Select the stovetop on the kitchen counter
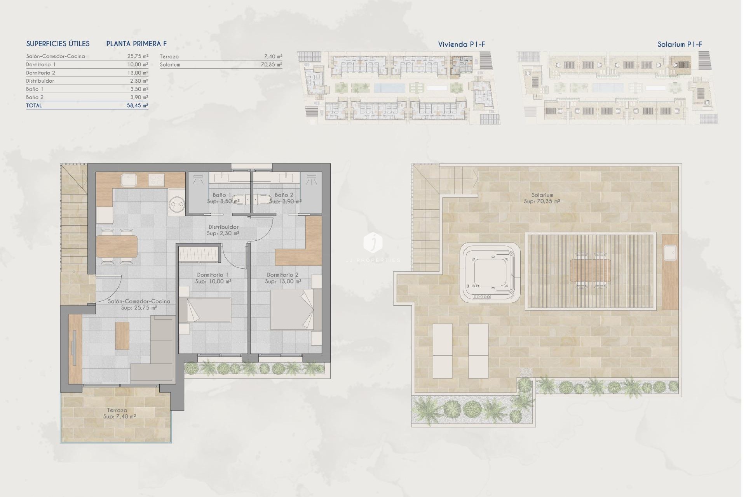click(x=157, y=180)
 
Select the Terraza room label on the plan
click(x=117, y=410)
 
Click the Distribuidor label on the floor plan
click(x=223, y=227)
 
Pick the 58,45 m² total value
click(x=138, y=105)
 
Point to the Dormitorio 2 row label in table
click(x=40, y=73)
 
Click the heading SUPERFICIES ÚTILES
click(x=58, y=44)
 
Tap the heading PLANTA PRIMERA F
click(x=136, y=44)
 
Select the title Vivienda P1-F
click(x=461, y=44)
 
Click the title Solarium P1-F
click(x=680, y=44)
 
